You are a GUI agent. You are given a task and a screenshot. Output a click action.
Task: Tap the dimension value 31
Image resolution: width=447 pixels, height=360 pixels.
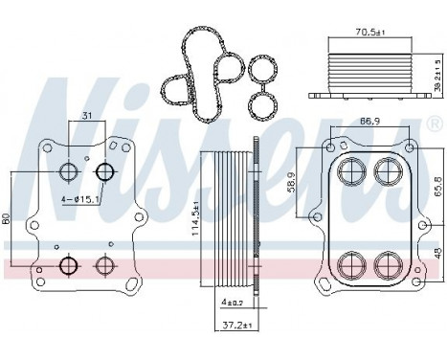tap(88, 117)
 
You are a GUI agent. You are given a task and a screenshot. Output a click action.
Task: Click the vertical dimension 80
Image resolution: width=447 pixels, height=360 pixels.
tap(9, 219)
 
